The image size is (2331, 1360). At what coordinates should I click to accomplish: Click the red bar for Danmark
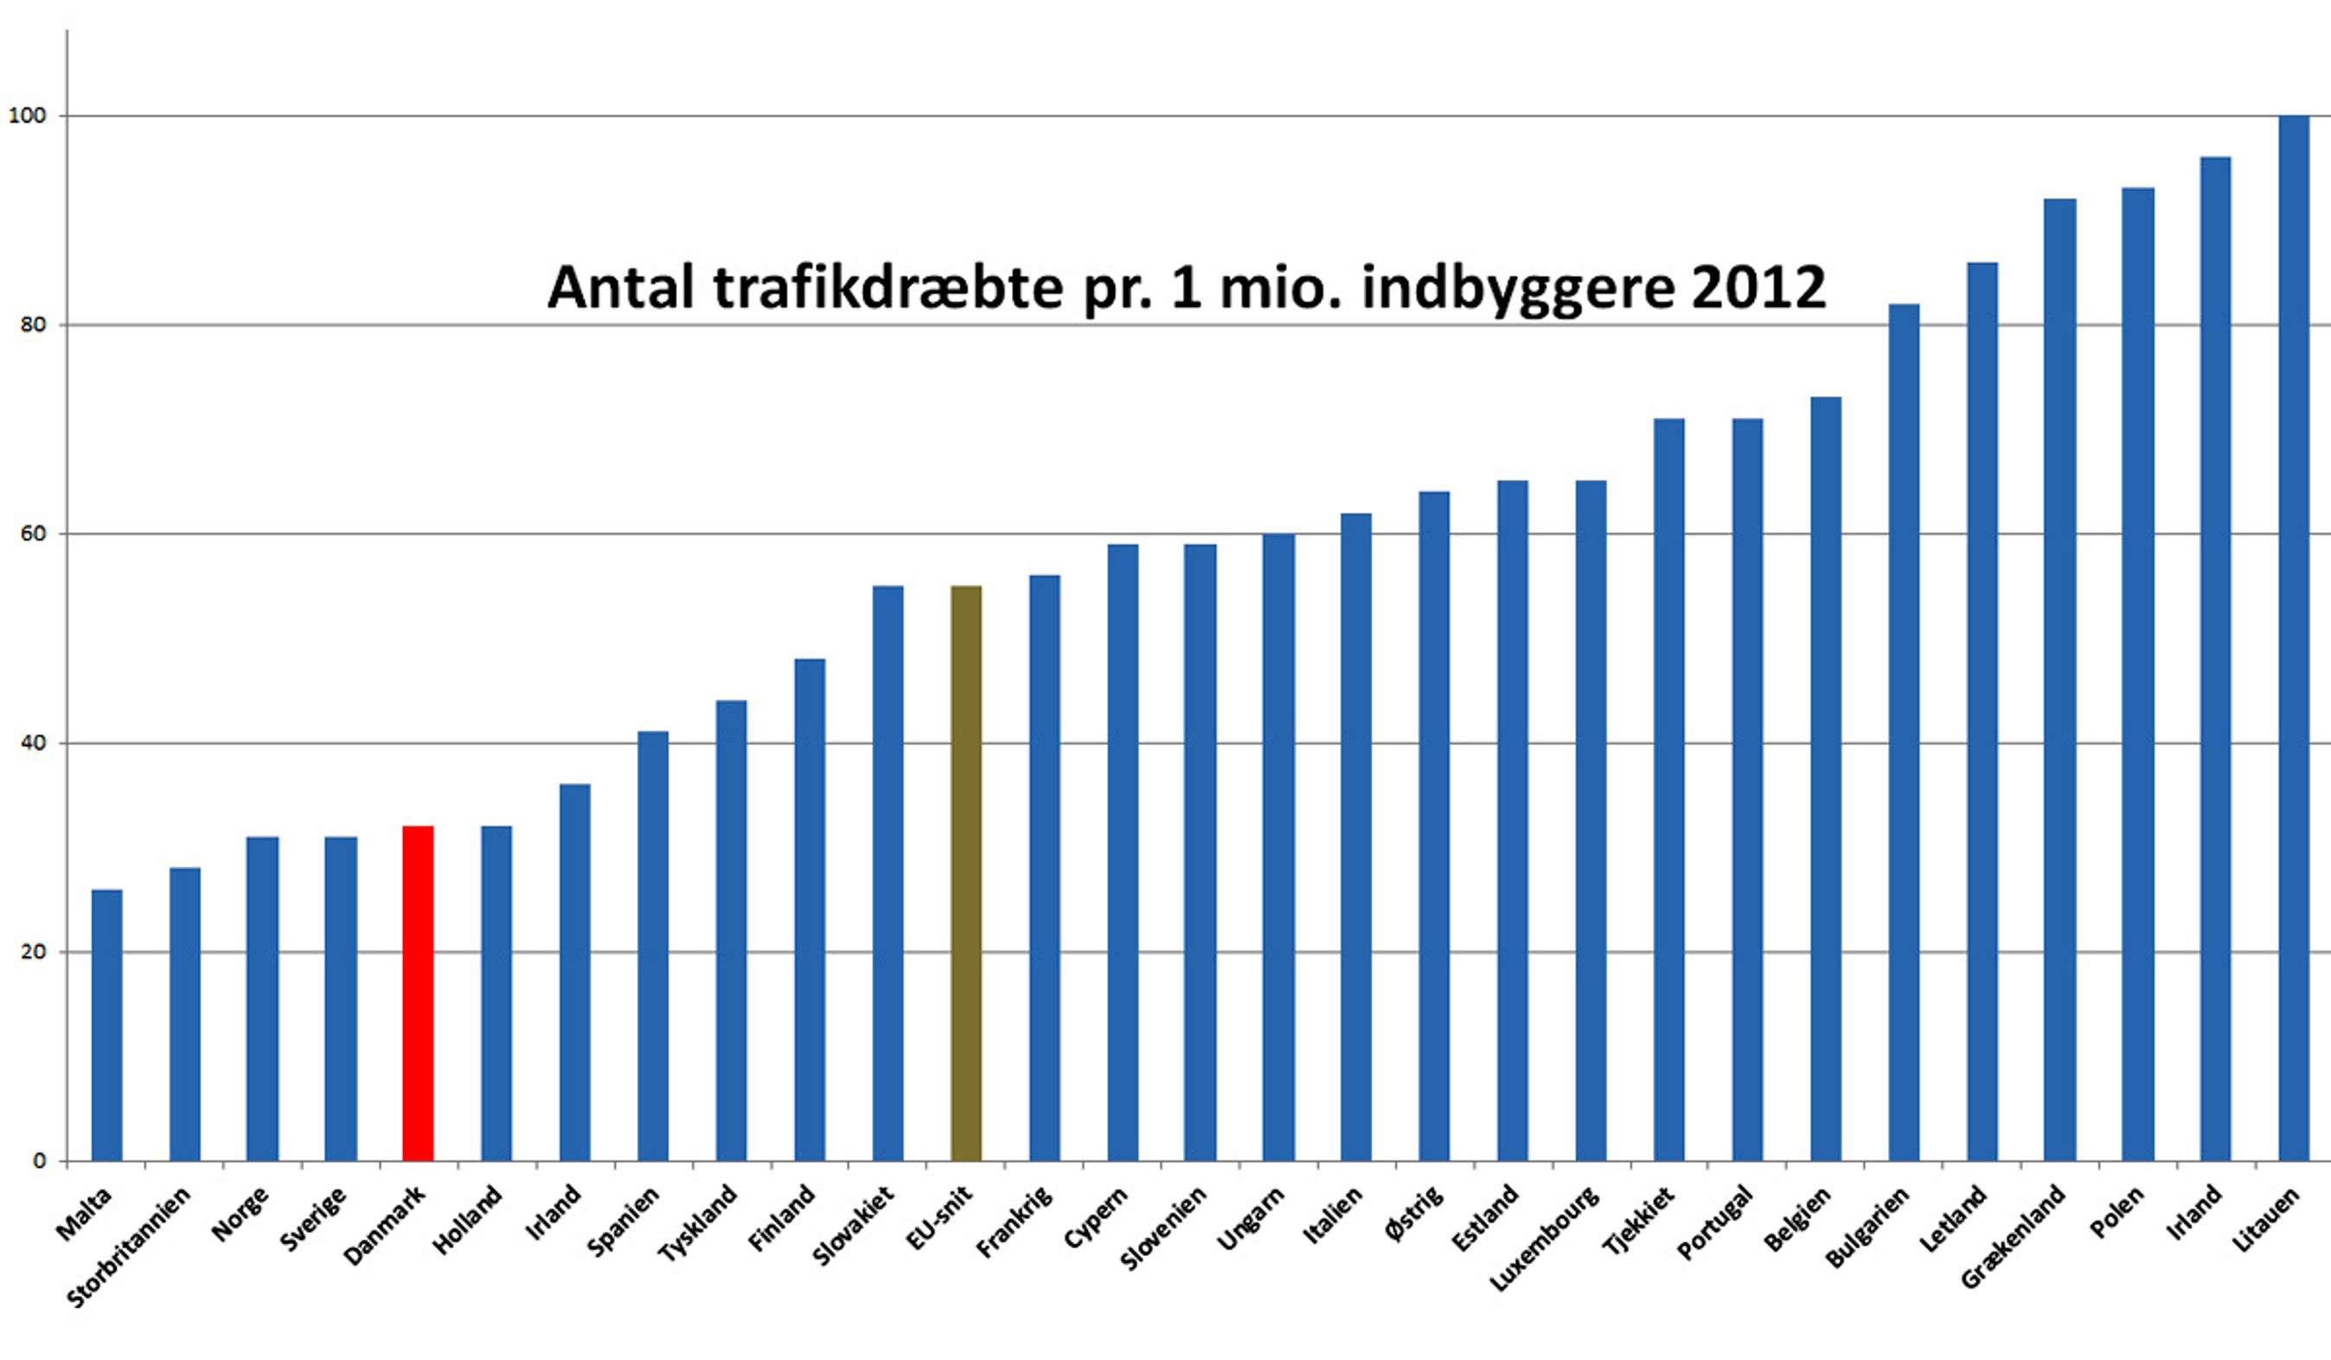(x=418, y=995)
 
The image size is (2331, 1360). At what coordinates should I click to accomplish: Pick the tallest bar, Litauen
(x=2293, y=638)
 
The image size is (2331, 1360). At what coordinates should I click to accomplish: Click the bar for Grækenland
(x=2059, y=680)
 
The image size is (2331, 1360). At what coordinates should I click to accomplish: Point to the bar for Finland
(x=810, y=910)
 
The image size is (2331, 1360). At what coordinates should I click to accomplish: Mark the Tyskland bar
(x=731, y=931)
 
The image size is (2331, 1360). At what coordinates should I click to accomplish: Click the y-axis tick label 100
(x=27, y=116)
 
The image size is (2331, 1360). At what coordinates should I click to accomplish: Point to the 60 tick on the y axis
(x=32, y=534)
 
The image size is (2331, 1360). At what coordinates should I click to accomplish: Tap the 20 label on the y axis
(x=32, y=952)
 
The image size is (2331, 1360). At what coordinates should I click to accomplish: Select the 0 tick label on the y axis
(x=39, y=1161)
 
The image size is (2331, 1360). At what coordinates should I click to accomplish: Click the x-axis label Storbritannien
(x=130, y=1248)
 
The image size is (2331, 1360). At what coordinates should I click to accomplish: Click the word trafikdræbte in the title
(x=888, y=287)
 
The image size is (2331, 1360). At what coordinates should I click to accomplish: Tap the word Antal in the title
(x=621, y=287)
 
